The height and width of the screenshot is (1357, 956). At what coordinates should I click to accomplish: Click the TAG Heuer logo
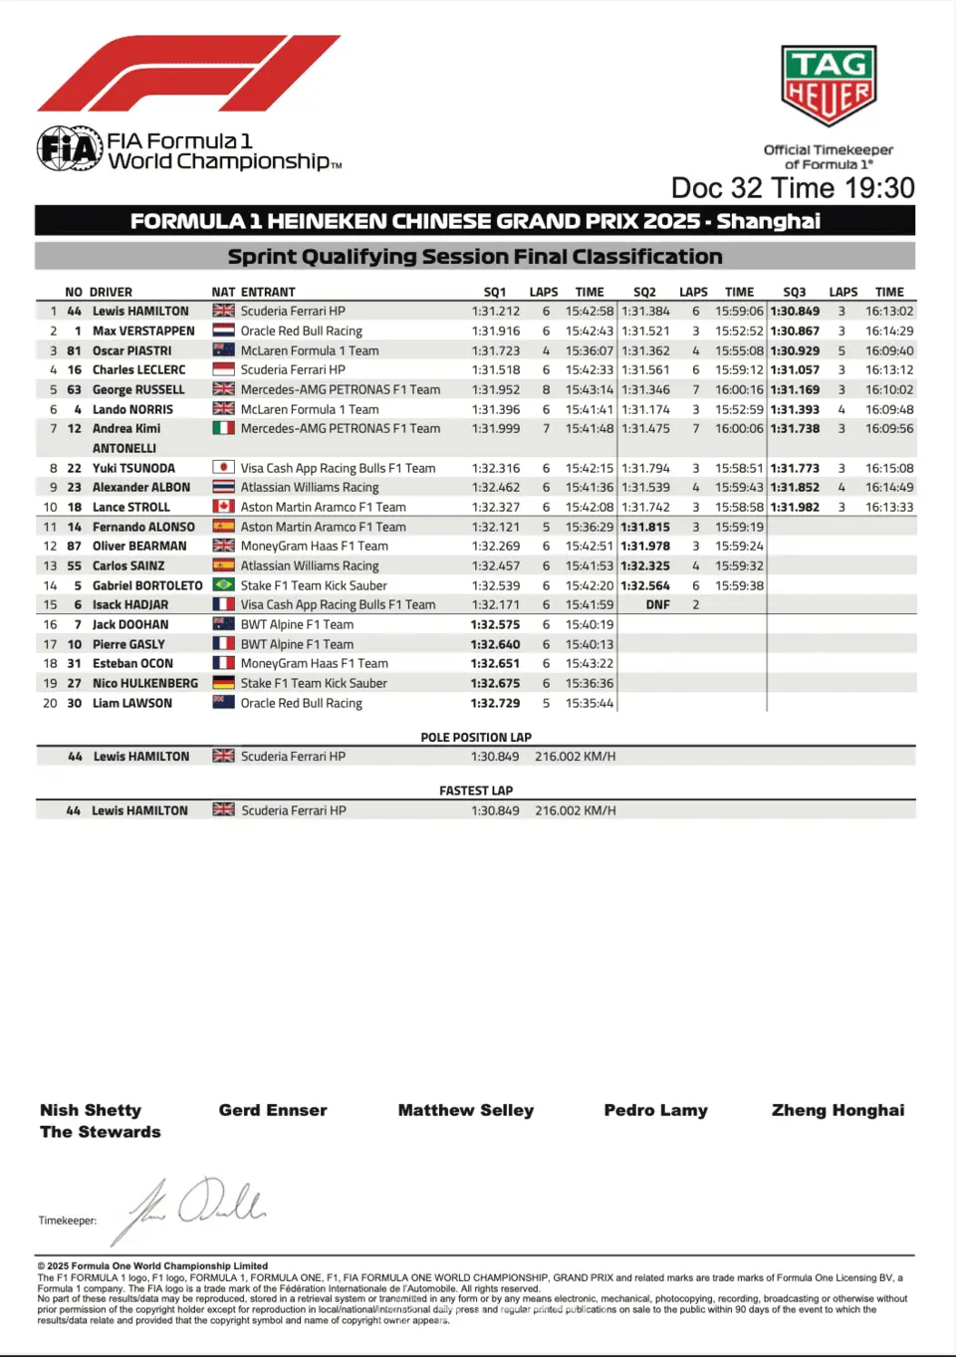[829, 86]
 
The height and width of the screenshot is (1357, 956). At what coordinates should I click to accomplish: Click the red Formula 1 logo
[189, 74]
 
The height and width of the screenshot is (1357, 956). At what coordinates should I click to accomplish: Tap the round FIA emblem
[70, 150]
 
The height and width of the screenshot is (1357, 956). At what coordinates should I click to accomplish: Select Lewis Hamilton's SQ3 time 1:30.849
[795, 312]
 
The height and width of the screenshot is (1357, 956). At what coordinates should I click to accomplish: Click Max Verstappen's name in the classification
[143, 331]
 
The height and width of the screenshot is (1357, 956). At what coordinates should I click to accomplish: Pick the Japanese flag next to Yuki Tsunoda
[223, 468]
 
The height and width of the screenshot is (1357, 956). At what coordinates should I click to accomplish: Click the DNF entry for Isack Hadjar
[657, 604]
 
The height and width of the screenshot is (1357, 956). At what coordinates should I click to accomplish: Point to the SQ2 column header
[644, 292]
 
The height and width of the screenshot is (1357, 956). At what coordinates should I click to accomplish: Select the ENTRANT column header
[268, 292]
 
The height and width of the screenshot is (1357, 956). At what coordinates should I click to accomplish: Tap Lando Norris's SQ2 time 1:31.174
[645, 409]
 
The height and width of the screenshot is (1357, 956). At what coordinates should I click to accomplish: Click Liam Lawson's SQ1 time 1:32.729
[495, 703]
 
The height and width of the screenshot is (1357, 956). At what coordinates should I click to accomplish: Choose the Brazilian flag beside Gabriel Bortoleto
[223, 585]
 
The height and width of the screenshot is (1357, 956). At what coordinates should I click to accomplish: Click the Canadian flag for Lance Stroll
[223, 507]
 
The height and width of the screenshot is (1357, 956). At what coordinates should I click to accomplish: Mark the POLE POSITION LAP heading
[476, 738]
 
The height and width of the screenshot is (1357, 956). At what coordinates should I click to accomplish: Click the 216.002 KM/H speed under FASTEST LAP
[576, 810]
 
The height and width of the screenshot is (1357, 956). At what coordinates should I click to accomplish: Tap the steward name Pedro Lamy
[655, 1110]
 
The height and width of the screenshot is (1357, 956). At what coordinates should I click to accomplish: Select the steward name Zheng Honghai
[837, 1110]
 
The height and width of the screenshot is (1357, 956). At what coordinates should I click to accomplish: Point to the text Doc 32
[716, 188]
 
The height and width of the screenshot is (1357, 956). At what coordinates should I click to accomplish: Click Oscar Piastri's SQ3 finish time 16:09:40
[889, 350]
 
